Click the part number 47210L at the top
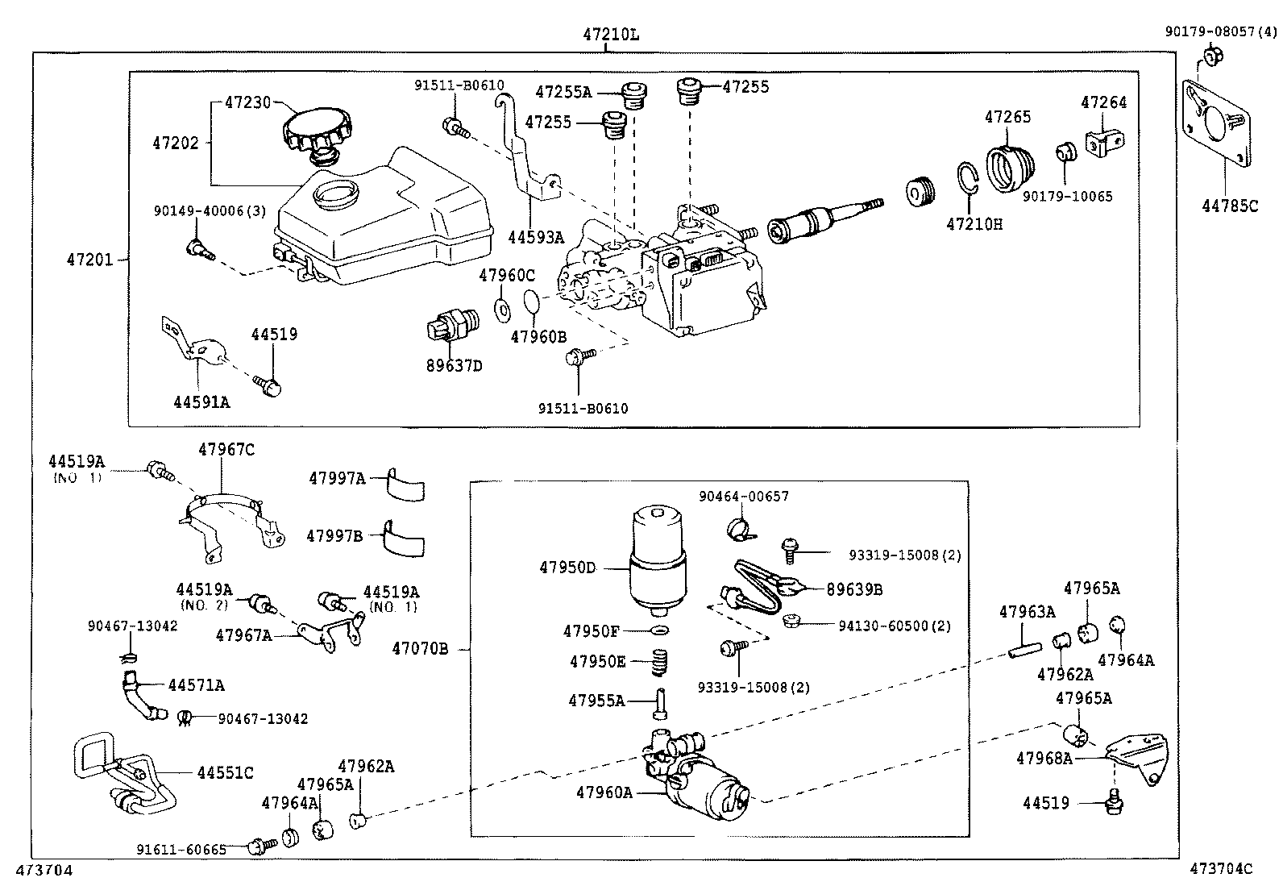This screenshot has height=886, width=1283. pyautogui.click(x=611, y=35)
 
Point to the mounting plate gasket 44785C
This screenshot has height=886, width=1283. pyautogui.click(x=1217, y=124)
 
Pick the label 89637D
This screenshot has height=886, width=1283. pyautogui.click(x=454, y=365)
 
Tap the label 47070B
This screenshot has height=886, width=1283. pyautogui.click(x=420, y=647)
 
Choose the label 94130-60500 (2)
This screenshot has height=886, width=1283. pyautogui.click(x=882, y=626)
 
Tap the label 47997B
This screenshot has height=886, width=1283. pyautogui.click(x=334, y=535)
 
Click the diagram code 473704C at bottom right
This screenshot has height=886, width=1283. pyautogui.click(x=1222, y=869)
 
